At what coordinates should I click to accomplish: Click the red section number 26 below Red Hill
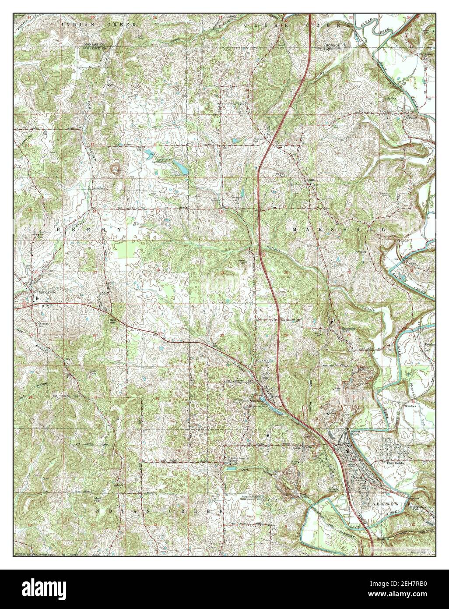click(x=95, y=336)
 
